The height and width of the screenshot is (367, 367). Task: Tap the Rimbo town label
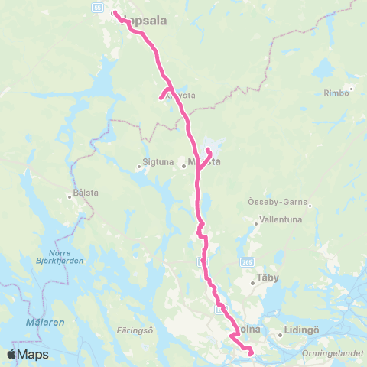(x=335, y=93)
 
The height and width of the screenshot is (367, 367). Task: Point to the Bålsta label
(x=86, y=194)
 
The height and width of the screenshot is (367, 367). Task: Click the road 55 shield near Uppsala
(x=98, y=6)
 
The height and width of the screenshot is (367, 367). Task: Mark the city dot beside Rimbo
(x=349, y=93)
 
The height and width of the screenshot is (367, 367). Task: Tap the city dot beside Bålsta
(x=70, y=195)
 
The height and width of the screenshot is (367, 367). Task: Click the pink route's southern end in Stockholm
(x=252, y=352)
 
